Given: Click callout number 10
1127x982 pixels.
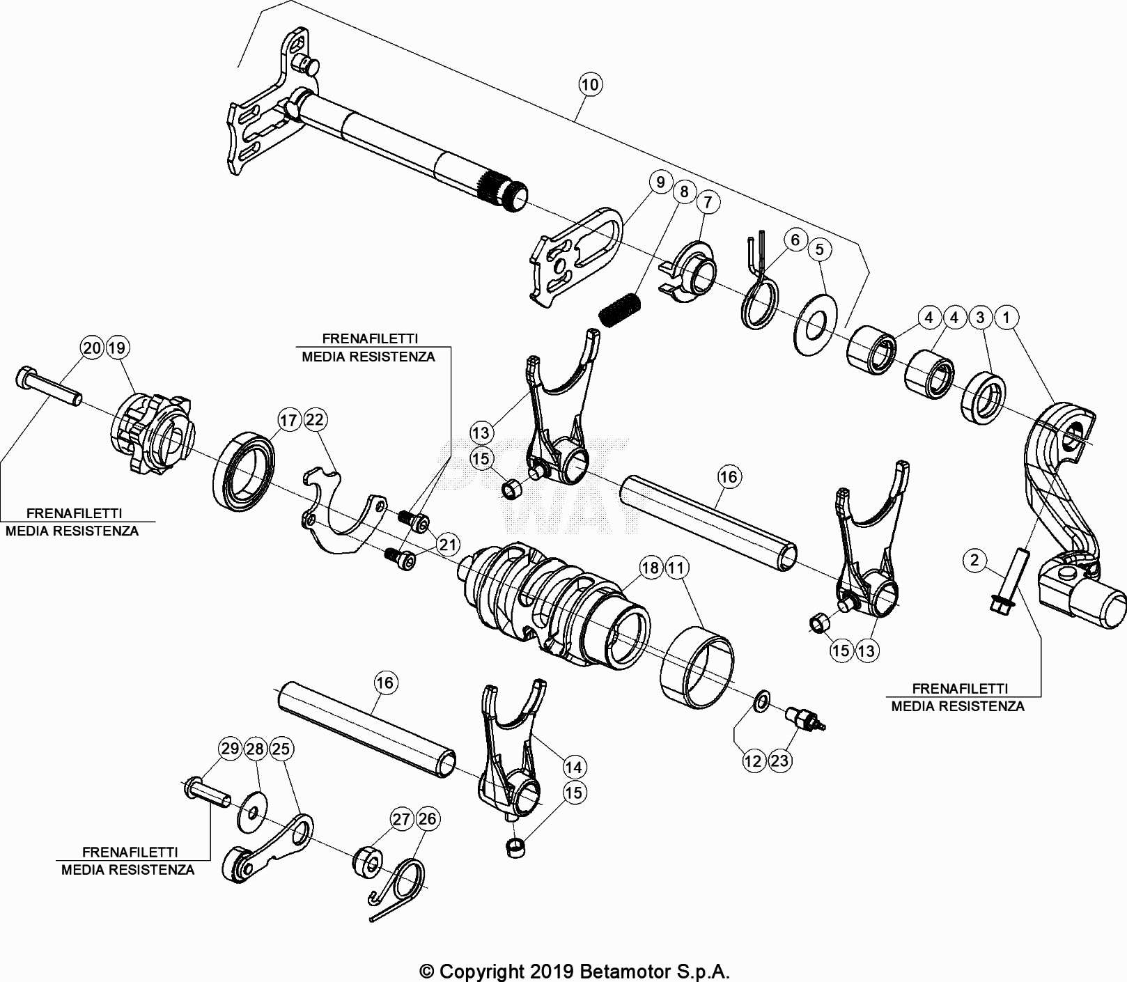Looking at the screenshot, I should (x=589, y=85).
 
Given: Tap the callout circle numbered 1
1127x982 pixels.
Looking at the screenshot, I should (x=1006, y=318).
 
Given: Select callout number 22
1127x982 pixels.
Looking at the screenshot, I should (x=315, y=420).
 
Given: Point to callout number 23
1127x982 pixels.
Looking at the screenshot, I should (x=779, y=761).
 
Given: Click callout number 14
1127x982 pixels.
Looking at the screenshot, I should (x=573, y=767).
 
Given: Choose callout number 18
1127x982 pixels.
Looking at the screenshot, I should (x=649, y=568).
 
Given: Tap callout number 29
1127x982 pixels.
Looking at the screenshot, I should (x=229, y=749).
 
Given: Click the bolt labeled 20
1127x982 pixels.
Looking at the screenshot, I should (x=47, y=389).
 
